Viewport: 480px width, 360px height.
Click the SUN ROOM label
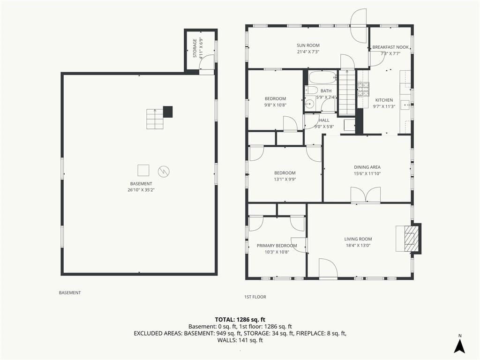click(x=308, y=45)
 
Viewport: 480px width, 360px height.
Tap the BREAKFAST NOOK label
click(x=390, y=47)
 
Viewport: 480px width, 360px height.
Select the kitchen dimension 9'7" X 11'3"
click(x=384, y=106)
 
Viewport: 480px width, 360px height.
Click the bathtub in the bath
click(x=322, y=77)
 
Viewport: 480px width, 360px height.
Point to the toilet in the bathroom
click(x=311, y=90)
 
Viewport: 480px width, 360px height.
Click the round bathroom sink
click(x=310, y=104)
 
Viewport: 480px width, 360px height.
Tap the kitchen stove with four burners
click(x=363, y=90)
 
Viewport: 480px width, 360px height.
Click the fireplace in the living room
click(x=408, y=239)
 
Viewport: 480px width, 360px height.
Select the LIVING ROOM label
click(x=358, y=239)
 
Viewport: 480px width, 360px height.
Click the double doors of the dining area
click(x=366, y=195)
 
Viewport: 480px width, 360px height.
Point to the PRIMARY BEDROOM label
click(x=277, y=246)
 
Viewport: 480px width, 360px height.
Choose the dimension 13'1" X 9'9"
click(x=285, y=180)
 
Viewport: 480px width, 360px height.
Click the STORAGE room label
click(x=195, y=48)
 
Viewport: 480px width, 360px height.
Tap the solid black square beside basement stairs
click(x=168, y=112)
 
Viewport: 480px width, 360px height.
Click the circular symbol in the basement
click(x=164, y=172)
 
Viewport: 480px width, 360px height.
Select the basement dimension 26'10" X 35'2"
click(x=141, y=190)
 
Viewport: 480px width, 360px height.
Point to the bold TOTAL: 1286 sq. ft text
click(x=240, y=320)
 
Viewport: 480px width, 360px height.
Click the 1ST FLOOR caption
click(x=255, y=297)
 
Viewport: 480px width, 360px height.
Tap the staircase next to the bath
click(x=347, y=92)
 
